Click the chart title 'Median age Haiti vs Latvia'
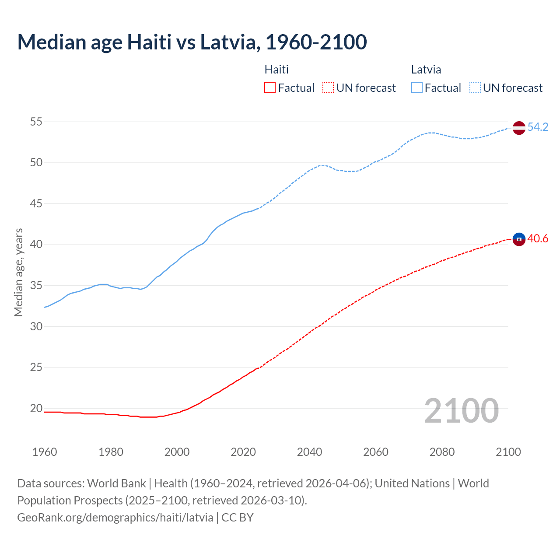pyautogui.click(x=192, y=42)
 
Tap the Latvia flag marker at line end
pyautogui.click(x=518, y=128)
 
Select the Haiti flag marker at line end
pyautogui.click(x=518, y=239)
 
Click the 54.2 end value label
pyautogui.click(x=538, y=127)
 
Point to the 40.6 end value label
pyautogui.click(x=538, y=239)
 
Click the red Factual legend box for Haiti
pyautogui.click(x=270, y=88)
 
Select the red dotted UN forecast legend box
pyautogui.click(x=328, y=88)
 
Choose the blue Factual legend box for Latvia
pyautogui.click(x=417, y=88)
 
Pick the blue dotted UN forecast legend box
pyautogui.click(x=475, y=88)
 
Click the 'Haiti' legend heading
pyautogui.click(x=276, y=70)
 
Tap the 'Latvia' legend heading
pyautogui.click(x=426, y=70)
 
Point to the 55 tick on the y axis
pyautogui.click(x=36, y=122)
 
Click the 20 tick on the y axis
pyautogui.click(x=36, y=408)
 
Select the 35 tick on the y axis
pyautogui.click(x=36, y=286)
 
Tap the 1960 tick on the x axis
pyautogui.click(x=45, y=452)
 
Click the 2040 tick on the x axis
pyautogui.click(x=309, y=452)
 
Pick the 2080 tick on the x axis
pyautogui.click(x=442, y=452)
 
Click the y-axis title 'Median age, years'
pyautogui.click(x=18, y=272)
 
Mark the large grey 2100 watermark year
pyautogui.click(x=461, y=411)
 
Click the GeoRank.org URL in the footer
pyautogui.click(x=115, y=518)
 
